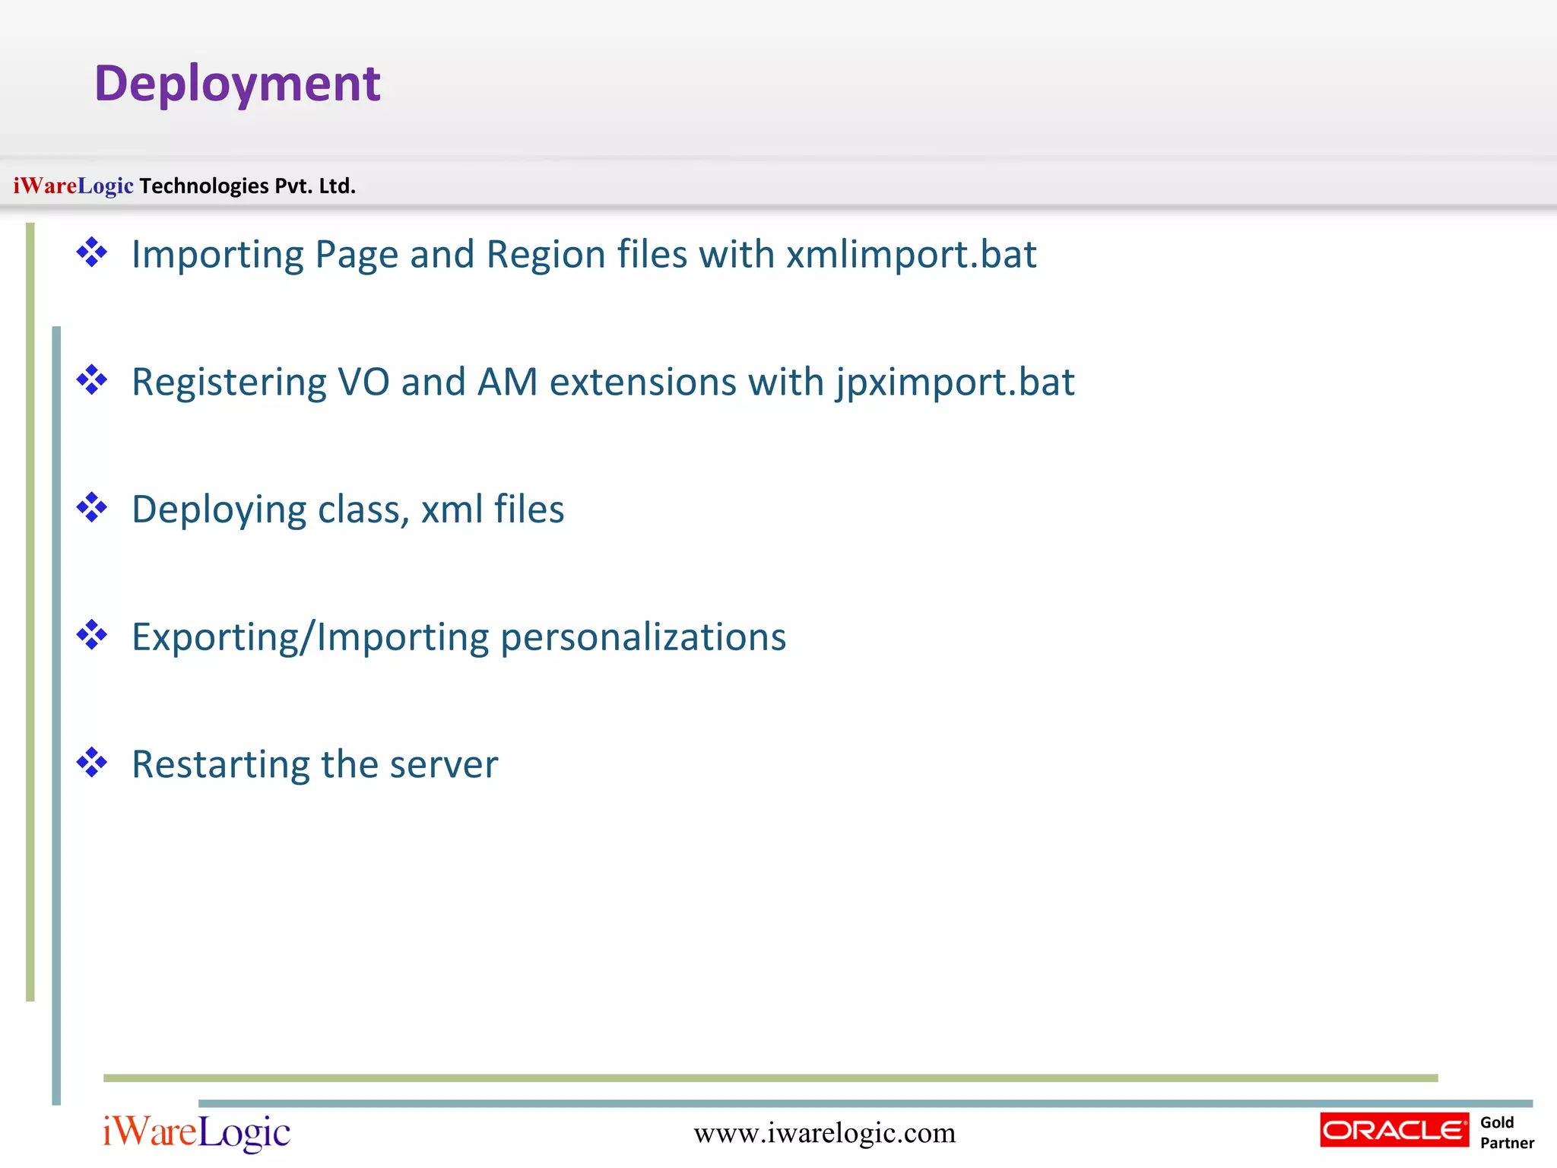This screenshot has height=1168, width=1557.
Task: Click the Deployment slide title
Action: tap(237, 84)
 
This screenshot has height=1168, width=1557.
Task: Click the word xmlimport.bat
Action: tap(911, 255)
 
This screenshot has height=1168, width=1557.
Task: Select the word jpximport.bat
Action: tap(955, 382)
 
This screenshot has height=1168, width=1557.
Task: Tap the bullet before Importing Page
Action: tap(92, 252)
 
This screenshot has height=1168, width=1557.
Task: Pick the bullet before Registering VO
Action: tap(92, 380)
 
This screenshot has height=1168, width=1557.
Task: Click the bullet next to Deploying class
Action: tap(92, 508)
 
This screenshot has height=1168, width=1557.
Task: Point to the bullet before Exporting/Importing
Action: tap(92, 635)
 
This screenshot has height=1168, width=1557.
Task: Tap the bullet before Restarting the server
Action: tap(92, 763)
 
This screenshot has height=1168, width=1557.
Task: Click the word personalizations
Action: tap(643, 637)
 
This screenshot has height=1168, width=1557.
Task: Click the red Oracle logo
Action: tap(1394, 1130)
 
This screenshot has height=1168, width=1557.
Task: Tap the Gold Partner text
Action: tap(1506, 1132)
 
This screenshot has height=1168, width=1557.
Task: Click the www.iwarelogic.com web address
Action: tap(824, 1133)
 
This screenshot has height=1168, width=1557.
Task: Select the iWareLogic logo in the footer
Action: tap(196, 1132)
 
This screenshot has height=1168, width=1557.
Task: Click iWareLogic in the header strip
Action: tap(73, 186)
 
